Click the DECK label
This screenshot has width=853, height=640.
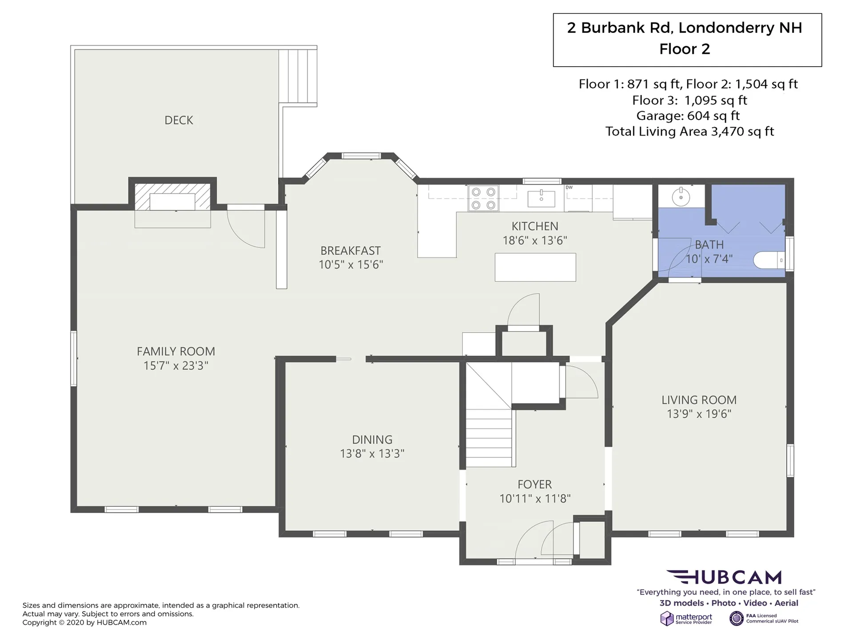[179, 120]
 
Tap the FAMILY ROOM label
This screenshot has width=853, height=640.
[176, 351]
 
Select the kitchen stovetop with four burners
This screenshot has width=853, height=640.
[483, 198]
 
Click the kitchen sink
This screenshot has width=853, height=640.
[541, 198]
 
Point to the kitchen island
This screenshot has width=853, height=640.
[535, 267]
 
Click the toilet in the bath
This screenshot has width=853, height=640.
[769, 260]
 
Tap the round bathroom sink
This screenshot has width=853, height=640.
[681, 196]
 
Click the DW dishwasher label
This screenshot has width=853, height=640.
[569, 188]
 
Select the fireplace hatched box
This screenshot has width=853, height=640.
[172, 196]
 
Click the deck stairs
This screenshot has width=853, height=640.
[298, 76]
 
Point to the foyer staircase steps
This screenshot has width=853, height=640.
[489, 437]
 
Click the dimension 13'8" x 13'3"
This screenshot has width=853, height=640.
[372, 453]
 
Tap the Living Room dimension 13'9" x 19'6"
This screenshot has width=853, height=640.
[699, 414]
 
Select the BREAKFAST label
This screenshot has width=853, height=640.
[351, 251]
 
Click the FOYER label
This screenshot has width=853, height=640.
[535, 484]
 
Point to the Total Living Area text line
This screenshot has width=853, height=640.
[690, 132]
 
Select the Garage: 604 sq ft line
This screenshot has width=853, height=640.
[688, 116]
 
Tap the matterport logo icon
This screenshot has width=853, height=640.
[667, 618]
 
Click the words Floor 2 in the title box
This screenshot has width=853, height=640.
[685, 49]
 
